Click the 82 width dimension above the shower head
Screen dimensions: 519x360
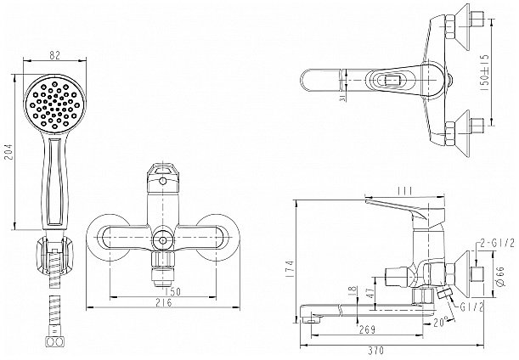coord(55,55)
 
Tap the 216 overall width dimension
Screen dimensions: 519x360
coord(164,302)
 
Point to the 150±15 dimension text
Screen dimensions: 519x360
coord(484,73)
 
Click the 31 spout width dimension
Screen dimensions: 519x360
coord(342,98)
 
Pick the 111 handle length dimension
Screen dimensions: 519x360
coord(404,191)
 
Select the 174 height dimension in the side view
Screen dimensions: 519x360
coord(290,268)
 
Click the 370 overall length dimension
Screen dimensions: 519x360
coord(375,350)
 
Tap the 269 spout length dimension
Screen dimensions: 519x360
coord(367,329)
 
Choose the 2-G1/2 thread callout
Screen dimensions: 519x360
coord(497,244)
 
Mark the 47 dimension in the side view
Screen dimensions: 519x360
coord(370,292)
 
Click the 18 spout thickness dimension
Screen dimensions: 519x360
coord(353,290)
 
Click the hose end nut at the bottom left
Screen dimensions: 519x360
coord(54,342)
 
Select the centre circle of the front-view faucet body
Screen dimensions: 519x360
coord(163,239)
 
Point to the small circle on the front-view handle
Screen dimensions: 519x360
coord(162,181)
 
